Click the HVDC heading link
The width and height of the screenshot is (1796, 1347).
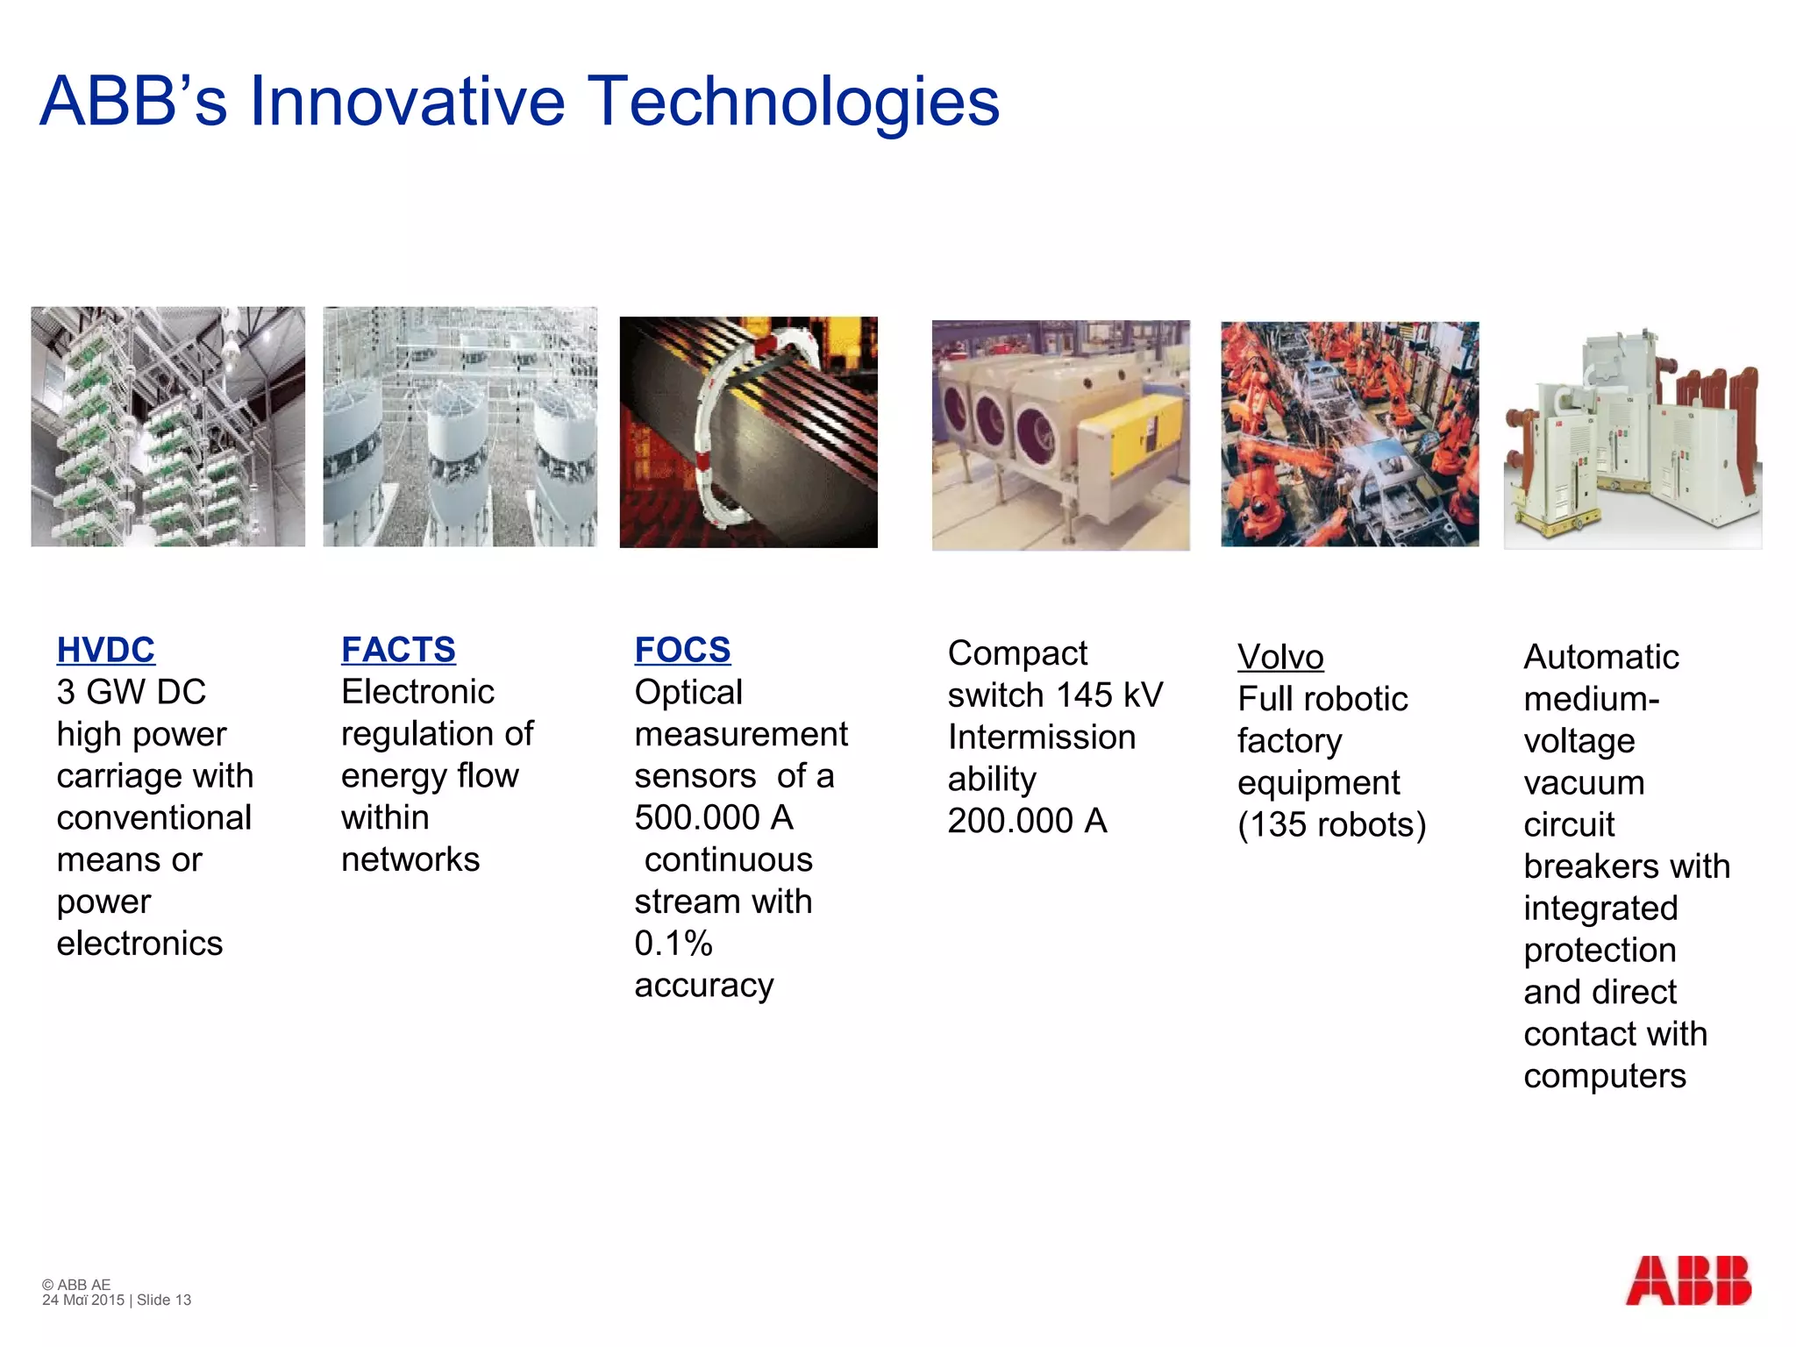(105, 650)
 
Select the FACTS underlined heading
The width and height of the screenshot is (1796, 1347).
(398, 650)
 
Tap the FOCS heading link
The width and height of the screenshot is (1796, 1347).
(682, 650)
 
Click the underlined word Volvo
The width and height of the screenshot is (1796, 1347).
(1280, 657)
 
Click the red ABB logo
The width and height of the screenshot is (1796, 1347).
(1688, 1281)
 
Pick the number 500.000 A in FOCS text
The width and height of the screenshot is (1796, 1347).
(713, 817)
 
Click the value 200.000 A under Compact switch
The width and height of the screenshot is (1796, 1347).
(1027, 821)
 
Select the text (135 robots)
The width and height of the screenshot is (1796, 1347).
(1331, 824)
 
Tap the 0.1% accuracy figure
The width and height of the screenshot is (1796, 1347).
(673, 944)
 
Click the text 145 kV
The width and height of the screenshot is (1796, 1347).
(1109, 695)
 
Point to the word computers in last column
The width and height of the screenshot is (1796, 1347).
(1604, 1076)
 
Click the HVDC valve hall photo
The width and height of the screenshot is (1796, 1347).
(167, 427)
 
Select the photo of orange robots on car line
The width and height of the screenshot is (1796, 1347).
(1349, 434)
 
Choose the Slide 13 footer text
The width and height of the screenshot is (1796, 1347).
(164, 1301)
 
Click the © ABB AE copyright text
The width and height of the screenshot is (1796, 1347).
(76, 1285)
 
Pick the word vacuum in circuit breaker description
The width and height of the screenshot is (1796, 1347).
(1584, 783)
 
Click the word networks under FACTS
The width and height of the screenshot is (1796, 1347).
(410, 859)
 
